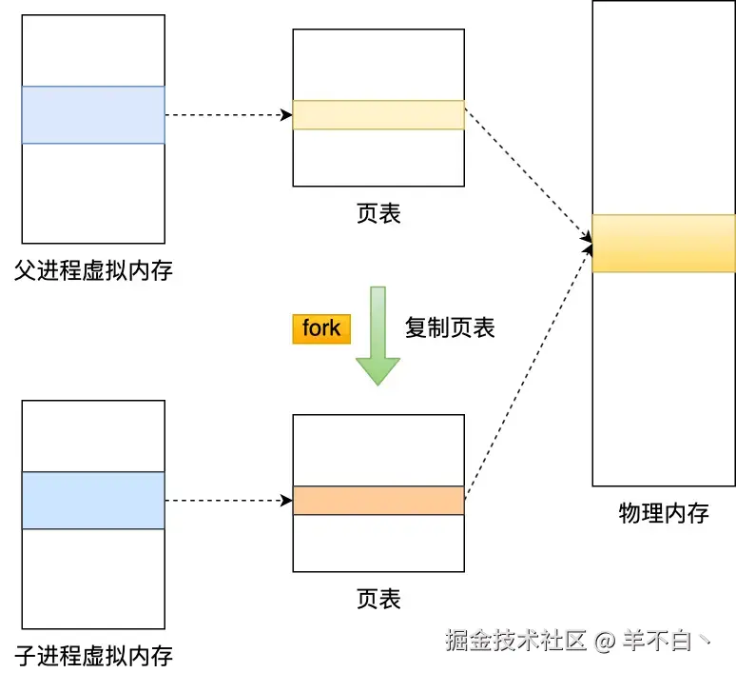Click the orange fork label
[321, 328]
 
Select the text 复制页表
[450, 327]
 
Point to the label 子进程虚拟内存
[93, 656]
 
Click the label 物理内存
[664, 514]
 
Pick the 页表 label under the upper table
[378, 213]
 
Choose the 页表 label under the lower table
[378, 599]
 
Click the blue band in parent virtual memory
[93, 115]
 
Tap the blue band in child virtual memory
[93, 501]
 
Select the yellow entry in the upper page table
[378, 115]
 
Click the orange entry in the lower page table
[378, 501]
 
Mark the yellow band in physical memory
[664, 244]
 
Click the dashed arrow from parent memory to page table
[228, 115]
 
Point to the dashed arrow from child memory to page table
[228, 501]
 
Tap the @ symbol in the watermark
[605, 642]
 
